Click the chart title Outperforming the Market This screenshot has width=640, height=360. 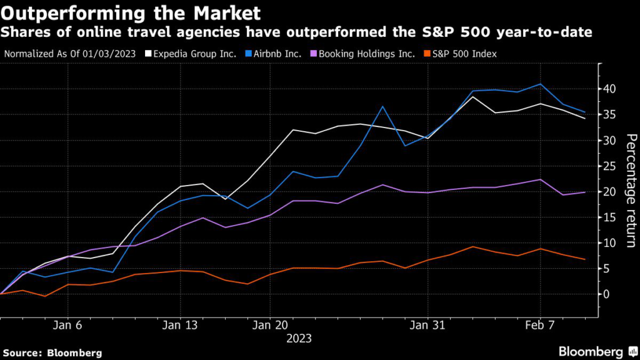(132, 12)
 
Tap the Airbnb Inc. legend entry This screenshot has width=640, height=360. (277, 54)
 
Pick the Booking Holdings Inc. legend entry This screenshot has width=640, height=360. (366, 54)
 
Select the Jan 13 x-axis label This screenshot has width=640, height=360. (180, 325)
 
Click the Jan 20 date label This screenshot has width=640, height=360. (271, 325)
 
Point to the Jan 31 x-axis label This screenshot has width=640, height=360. (427, 325)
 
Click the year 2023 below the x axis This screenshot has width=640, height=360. (298, 339)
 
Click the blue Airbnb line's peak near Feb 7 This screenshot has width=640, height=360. (541, 84)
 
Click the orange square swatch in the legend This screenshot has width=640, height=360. (427, 54)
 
